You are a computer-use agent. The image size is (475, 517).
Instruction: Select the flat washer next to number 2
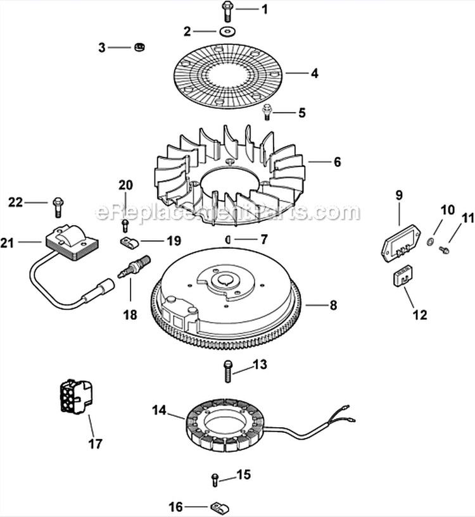tap(226, 31)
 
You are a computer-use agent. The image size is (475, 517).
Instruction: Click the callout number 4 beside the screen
tap(314, 73)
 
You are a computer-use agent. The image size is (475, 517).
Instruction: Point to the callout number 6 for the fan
tap(337, 162)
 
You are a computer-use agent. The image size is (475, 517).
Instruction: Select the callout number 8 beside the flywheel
tap(333, 306)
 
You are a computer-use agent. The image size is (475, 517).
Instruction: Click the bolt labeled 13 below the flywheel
tap(226, 370)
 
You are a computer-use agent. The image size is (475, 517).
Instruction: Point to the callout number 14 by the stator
tap(159, 411)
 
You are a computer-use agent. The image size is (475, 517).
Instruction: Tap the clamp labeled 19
tap(128, 242)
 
